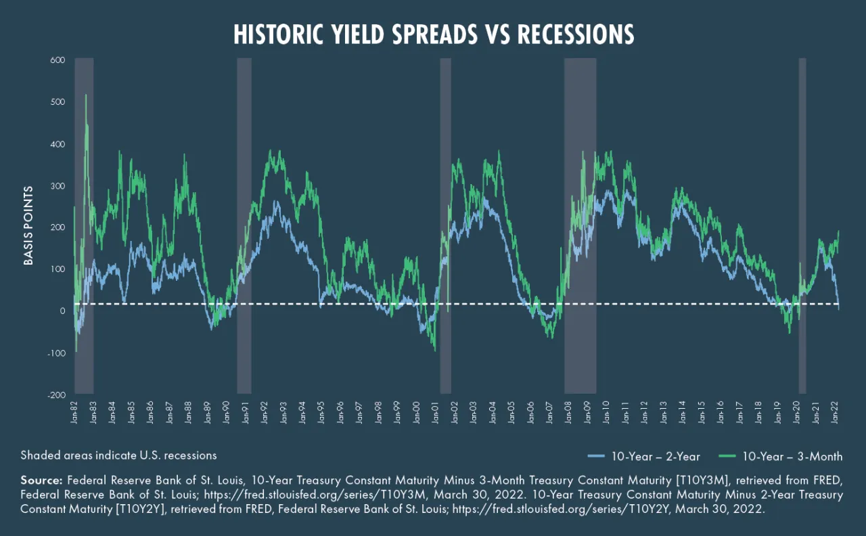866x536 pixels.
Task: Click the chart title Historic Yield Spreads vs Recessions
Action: [434, 34]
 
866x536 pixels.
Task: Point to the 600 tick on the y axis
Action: [56, 60]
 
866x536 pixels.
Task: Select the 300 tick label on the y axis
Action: [56, 185]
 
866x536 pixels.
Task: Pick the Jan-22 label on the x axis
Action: [837, 411]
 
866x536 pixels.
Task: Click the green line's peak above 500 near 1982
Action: [86, 95]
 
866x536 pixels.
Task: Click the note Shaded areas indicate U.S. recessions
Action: [119, 455]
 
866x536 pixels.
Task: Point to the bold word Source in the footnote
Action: [40, 480]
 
